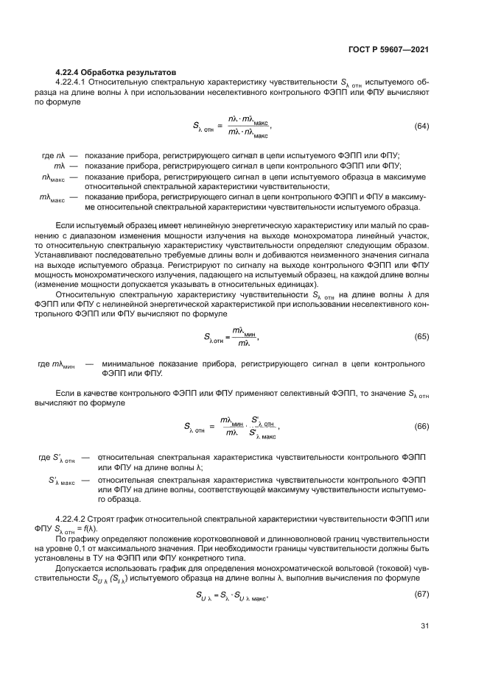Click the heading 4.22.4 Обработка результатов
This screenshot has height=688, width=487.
click(x=116, y=72)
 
